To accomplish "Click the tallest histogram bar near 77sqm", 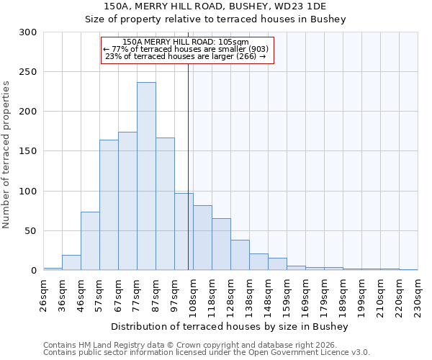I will click(146, 176).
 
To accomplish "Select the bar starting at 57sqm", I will click(109, 205).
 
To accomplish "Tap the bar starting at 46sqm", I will click(90, 241).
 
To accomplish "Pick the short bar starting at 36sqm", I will click(71, 263).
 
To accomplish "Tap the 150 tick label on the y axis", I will click(28, 151).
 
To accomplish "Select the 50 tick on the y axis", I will click(31, 231).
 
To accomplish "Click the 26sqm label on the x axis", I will click(44, 294).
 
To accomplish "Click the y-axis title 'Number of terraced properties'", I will click(6, 154).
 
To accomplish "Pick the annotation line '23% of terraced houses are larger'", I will click(186, 56).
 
